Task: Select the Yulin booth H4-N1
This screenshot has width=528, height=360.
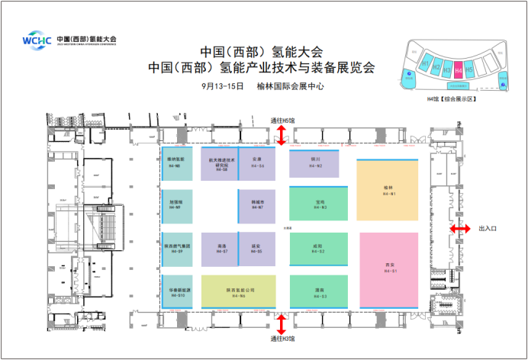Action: (x=388, y=191)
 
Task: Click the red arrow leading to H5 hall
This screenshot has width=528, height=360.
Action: (x=281, y=136)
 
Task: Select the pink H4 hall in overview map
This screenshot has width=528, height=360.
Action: (x=458, y=69)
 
